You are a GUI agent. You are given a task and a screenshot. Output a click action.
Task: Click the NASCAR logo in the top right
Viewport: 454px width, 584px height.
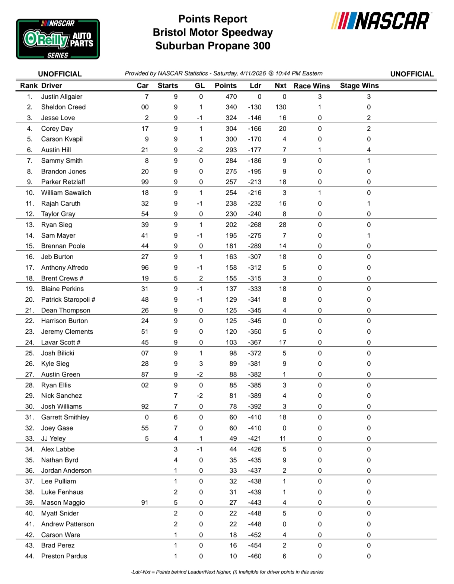tap(380, 21)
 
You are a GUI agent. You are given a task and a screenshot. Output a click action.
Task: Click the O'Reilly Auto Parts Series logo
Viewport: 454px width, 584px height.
tap(58, 39)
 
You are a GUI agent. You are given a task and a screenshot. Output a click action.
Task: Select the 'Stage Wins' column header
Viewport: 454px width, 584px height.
tap(359, 86)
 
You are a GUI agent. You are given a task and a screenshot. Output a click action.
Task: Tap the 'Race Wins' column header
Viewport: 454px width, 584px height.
tap(311, 86)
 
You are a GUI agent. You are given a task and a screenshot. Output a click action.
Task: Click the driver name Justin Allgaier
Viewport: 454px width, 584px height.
tap(61, 97)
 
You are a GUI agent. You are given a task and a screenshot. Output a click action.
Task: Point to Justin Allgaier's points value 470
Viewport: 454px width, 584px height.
tap(231, 97)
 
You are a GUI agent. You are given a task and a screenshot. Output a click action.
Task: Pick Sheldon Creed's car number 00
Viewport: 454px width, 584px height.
tap(145, 107)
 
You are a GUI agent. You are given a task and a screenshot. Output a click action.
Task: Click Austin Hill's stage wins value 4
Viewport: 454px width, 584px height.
tap(369, 150)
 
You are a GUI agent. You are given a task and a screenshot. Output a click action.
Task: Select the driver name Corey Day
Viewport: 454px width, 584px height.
tap(57, 129)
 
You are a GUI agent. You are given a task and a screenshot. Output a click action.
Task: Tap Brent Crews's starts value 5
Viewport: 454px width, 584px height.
tap(176, 279)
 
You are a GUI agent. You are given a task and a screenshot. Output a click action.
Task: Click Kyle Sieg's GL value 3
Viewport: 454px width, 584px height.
tap(201, 364)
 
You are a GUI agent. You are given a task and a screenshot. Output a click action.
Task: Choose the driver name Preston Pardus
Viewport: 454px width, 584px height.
tap(64, 556)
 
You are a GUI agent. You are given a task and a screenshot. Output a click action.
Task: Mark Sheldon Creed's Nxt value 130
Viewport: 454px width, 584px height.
tap(281, 107)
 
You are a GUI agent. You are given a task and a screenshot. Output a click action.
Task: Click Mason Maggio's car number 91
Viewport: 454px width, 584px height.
tap(145, 503)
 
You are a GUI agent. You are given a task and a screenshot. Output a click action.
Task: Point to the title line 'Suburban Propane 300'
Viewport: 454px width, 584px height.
tap(213, 46)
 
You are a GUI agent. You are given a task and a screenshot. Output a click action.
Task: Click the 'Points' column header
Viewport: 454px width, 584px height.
tap(226, 86)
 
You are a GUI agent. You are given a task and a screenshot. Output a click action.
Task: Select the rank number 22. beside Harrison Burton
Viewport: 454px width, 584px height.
tap(30, 321)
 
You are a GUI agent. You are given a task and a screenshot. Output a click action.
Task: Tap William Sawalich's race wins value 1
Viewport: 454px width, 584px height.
tap(320, 193)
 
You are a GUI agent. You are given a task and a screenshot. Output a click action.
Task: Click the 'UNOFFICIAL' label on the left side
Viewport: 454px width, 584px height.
tap(60, 74)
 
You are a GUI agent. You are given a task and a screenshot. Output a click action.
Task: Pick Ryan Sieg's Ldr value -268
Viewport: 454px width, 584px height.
tap(255, 225)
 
